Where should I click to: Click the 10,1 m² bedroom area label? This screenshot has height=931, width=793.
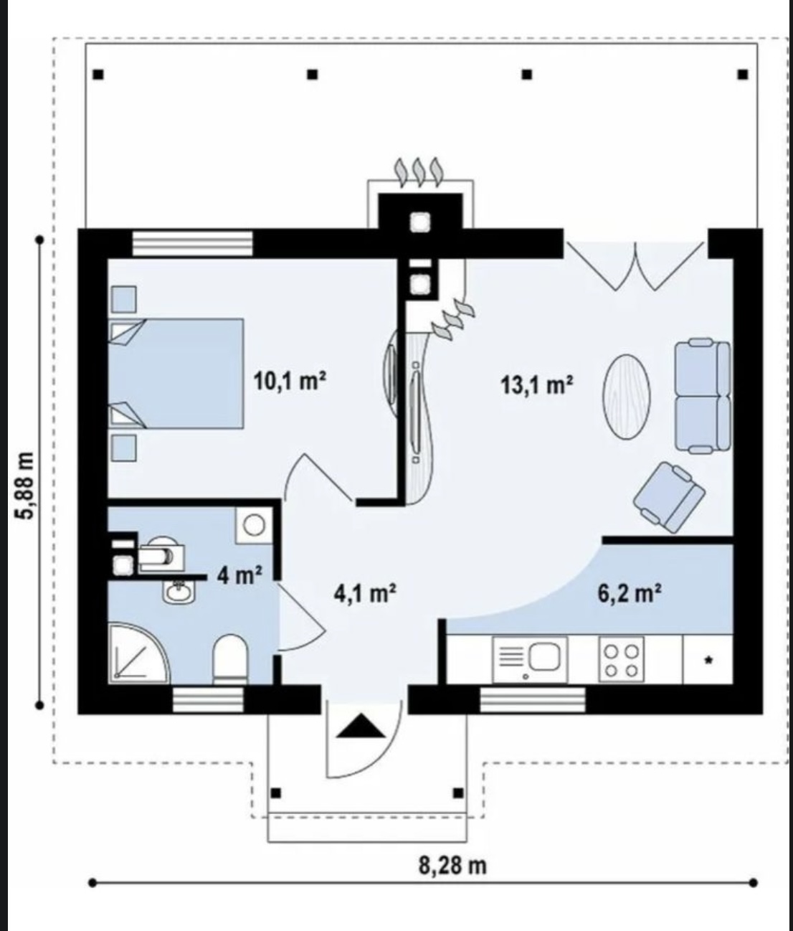(x=290, y=382)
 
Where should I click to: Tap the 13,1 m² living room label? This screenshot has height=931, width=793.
(x=537, y=385)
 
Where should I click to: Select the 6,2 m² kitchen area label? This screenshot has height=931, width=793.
(x=630, y=593)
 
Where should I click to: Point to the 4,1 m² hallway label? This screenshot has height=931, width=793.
(x=365, y=593)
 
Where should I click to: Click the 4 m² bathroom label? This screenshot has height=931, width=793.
(x=239, y=575)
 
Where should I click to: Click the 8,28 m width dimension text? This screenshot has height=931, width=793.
(x=453, y=865)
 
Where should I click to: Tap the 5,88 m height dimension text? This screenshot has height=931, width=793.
(x=25, y=486)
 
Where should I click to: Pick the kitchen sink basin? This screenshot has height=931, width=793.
(x=545, y=656)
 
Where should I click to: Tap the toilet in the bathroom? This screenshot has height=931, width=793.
(x=230, y=658)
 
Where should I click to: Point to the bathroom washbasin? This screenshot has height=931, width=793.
(x=179, y=590)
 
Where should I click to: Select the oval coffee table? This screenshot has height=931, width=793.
(x=627, y=397)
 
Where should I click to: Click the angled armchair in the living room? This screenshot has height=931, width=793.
(x=669, y=497)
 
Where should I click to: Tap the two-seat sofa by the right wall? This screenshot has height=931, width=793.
(x=703, y=396)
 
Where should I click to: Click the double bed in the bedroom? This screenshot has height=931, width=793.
(x=176, y=374)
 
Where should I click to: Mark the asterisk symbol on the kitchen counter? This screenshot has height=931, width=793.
(x=708, y=661)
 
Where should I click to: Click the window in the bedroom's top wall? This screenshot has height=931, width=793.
(x=192, y=244)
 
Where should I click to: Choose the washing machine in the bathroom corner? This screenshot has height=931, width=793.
(x=254, y=525)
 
